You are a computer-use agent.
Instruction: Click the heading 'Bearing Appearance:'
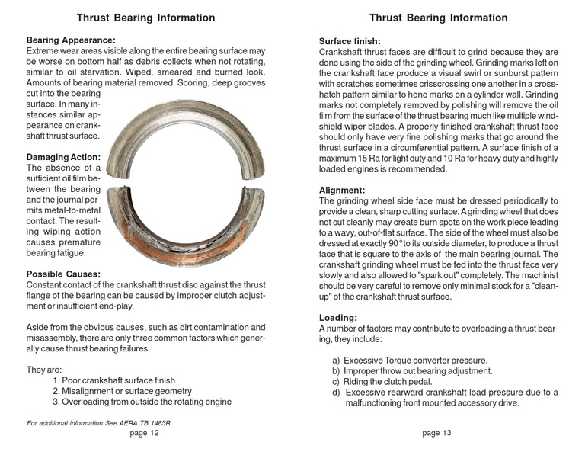coord(71,39)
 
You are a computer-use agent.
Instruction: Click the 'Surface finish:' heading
coord(350,41)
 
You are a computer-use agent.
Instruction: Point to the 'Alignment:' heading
coord(342,190)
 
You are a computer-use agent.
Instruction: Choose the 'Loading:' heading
coord(338,317)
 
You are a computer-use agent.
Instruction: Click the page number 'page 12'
coord(144,433)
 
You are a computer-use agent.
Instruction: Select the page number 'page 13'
coord(436,433)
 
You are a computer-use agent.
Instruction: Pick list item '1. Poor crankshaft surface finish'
coord(113,380)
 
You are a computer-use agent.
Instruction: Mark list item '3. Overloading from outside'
coord(142,402)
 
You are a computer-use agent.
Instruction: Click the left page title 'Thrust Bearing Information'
coord(145,18)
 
